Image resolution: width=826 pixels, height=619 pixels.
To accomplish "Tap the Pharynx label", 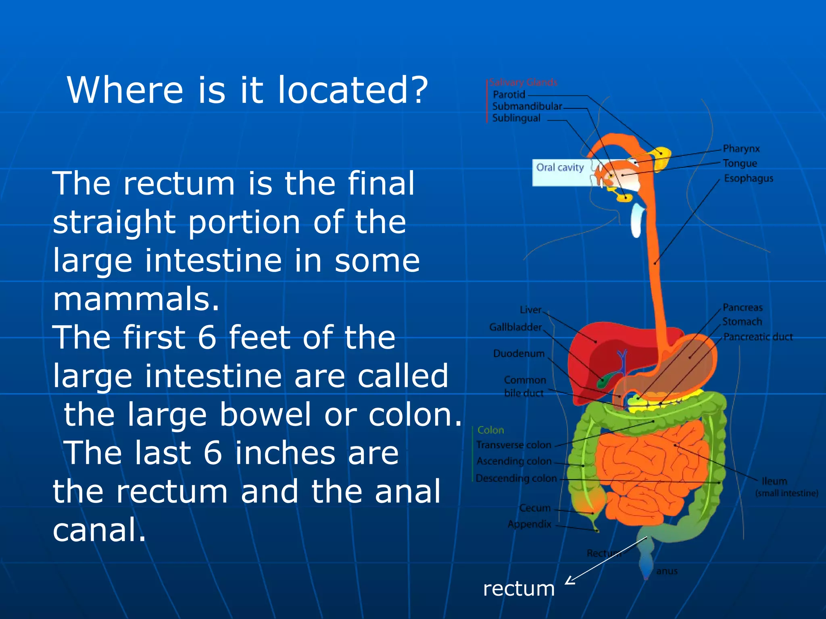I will point(741,149).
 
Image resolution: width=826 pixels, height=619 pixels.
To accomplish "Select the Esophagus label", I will point(749,178).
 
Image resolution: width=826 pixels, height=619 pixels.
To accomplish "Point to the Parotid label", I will point(509,95).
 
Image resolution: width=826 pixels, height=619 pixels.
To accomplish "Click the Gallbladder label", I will point(515,327).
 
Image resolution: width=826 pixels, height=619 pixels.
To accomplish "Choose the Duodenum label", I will point(519,353).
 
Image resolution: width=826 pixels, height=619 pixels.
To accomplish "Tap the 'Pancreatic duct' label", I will point(758,337).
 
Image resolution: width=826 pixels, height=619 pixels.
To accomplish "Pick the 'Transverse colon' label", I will point(513,445).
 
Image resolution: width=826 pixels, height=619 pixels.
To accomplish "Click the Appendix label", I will point(529,524).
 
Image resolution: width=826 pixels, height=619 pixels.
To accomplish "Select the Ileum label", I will point(774,481).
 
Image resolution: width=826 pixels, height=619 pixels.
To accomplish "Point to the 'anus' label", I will point(667,571).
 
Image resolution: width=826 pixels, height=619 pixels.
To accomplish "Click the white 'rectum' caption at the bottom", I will point(519,589).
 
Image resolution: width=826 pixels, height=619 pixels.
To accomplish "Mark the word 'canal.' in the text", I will point(99,530).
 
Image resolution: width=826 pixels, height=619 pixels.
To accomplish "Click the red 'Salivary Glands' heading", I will point(523,83).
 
